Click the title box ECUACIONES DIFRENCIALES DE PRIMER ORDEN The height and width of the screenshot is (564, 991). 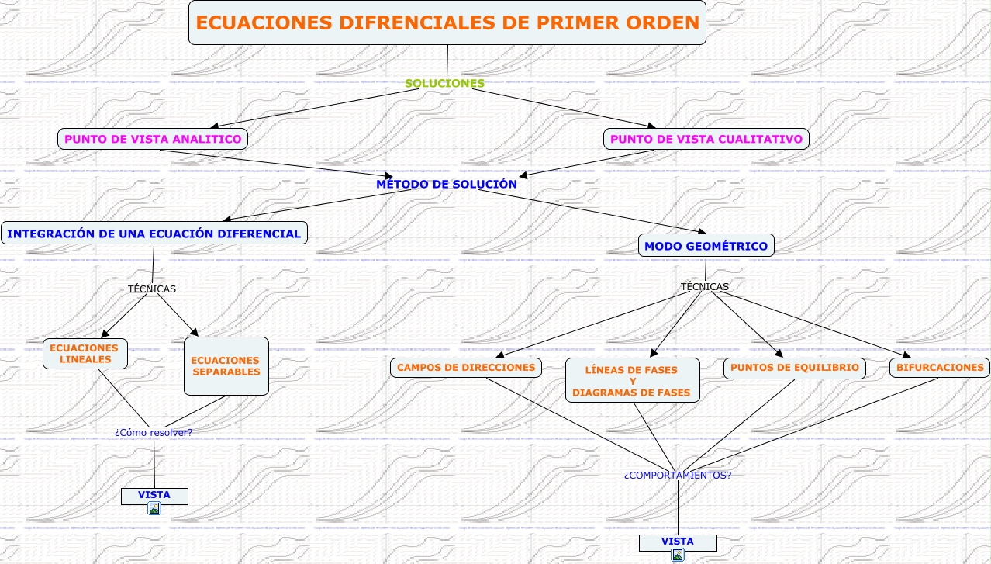click(447, 22)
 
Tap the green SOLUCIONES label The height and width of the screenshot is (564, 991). click(445, 83)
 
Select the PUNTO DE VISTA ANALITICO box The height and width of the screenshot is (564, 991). click(153, 139)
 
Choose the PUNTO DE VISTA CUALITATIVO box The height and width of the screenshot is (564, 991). click(706, 139)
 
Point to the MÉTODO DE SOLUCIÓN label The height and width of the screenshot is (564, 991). click(446, 185)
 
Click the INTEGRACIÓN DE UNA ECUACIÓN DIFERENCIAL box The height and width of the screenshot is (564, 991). click(154, 233)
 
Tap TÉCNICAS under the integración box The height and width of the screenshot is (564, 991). click(152, 289)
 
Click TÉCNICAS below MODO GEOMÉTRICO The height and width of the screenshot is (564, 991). click(705, 287)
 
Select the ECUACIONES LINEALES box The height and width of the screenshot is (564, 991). click(85, 354)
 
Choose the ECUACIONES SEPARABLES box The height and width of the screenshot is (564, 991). click(226, 365)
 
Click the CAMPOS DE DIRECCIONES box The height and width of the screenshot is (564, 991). click(466, 367)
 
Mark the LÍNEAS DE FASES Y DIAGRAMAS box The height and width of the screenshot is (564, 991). click(632, 381)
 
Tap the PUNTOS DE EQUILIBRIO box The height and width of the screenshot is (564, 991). click(795, 368)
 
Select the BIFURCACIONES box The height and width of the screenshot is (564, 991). click(940, 367)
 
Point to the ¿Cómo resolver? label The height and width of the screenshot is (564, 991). click(154, 432)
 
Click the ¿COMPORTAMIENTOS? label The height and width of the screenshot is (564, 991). click(678, 475)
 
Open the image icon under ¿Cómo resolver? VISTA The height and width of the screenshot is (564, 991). click(154, 508)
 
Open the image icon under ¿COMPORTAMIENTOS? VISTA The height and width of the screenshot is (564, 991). click(678, 555)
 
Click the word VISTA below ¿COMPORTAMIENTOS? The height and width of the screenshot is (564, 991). click(678, 541)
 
